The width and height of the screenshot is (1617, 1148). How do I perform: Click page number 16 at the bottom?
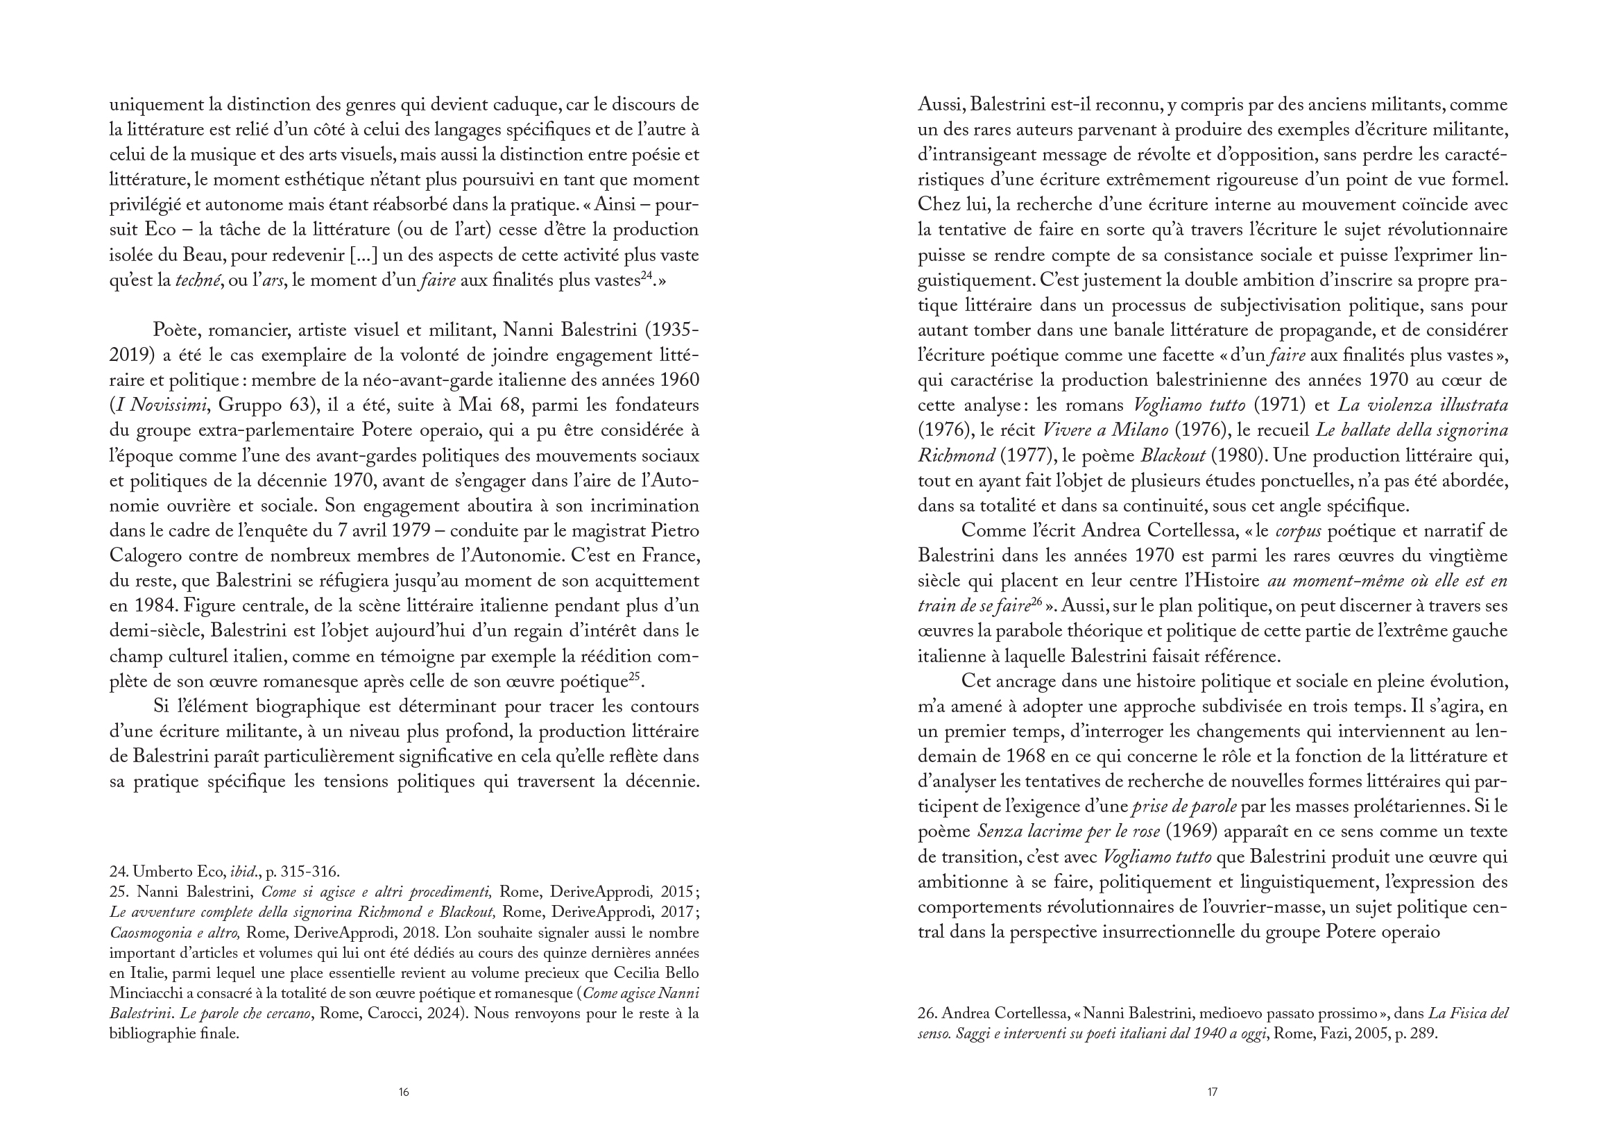click(x=403, y=1092)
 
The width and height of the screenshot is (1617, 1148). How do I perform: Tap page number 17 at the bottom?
click(x=1212, y=1092)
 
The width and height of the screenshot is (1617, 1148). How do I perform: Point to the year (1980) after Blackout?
click(x=1233, y=456)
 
